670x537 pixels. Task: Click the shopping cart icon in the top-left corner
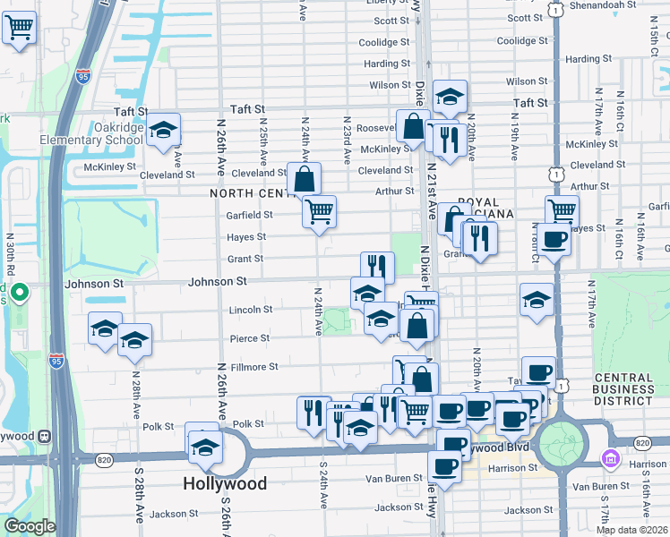(19, 28)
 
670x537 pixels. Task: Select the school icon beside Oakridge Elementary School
(163, 130)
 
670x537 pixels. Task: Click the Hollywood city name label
(225, 483)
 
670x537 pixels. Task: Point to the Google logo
(29, 526)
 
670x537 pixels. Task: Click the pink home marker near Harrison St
(612, 458)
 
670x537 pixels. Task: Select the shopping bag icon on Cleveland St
(305, 178)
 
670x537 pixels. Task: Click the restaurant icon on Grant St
(377, 267)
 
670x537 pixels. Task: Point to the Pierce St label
(249, 338)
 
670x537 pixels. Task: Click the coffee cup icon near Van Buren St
(444, 465)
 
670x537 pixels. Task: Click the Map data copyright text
(631, 530)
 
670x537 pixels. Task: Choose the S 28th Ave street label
(140, 506)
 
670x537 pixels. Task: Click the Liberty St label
(387, 3)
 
